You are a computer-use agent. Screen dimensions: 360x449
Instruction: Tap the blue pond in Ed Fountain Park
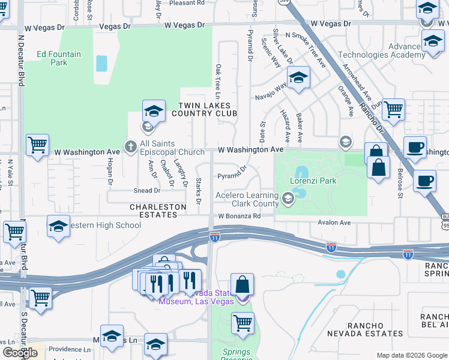click(x=101, y=63)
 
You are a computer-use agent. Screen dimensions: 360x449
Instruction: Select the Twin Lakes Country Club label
click(x=203, y=109)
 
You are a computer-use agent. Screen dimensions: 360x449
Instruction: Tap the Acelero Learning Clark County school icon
click(x=288, y=197)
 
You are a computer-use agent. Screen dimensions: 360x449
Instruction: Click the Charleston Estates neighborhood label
click(x=158, y=207)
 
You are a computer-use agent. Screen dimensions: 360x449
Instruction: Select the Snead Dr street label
click(x=148, y=191)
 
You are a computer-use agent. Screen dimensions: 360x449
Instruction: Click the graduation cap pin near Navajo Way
click(x=298, y=77)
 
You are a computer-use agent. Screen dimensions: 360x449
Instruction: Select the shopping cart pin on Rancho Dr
click(x=393, y=110)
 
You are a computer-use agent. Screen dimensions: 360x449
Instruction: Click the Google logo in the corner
click(x=20, y=353)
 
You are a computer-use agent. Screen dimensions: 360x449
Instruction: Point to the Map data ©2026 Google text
click(x=412, y=355)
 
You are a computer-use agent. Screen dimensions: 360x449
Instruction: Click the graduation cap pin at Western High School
click(x=59, y=227)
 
